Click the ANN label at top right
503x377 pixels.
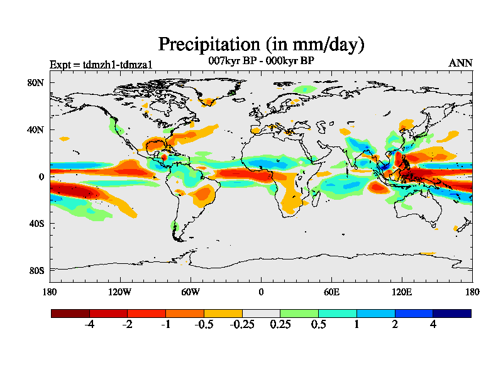coord(461,63)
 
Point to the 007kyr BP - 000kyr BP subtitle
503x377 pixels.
coord(261,61)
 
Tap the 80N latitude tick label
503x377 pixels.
coord(35,82)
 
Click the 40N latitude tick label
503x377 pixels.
coord(35,129)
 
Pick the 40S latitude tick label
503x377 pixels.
coord(35,223)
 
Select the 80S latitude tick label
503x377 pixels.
coord(35,270)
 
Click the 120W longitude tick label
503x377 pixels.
coord(120,292)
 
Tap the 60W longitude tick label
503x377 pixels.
coord(191,292)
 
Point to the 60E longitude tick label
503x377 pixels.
coord(331,292)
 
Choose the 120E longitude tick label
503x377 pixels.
coord(402,292)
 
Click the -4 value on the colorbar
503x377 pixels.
coord(89,325)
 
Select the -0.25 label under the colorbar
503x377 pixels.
coord(242,325)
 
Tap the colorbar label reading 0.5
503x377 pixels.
coord(318,325)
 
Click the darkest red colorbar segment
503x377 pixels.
coord(70,313)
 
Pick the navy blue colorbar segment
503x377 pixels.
coord(452,313)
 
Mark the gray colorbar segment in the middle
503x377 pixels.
coord(261,313)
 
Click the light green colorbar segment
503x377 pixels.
coord(299,313)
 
